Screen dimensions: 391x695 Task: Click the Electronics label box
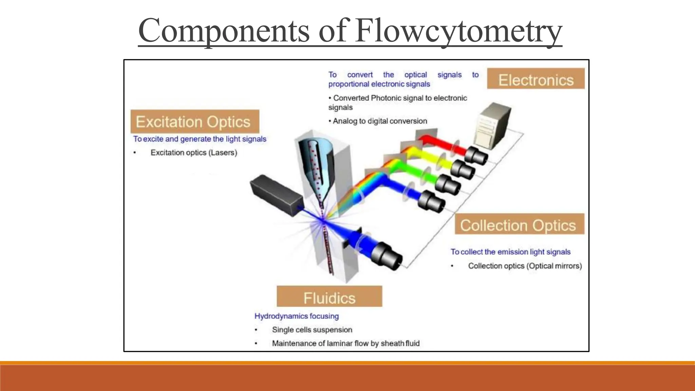tap(536, 79)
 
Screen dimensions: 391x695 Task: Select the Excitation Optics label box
tap(195, 122)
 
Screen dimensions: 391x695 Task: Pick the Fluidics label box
tap(329, 297)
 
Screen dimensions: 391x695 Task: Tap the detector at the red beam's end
tap(476, 155)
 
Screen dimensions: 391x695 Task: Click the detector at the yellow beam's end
tap(462, 169)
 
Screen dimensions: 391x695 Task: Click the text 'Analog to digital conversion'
tap(379, 121)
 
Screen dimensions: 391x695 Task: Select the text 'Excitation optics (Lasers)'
tap(194, 153)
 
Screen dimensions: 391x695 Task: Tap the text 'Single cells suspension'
tap(312, 330)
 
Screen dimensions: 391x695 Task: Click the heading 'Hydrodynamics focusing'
tap(297, 316)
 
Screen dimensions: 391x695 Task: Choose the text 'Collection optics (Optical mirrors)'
tap(525, 266)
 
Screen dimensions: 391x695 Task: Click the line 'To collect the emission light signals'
tap(510, 252)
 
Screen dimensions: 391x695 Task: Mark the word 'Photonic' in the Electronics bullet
tap(384, 98)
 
